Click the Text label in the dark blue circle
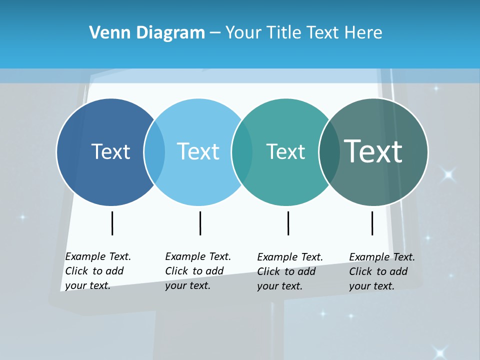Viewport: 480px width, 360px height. [110, 151]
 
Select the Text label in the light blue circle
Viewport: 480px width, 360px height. [198, 151]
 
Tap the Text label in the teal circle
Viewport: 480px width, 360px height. [285, 151]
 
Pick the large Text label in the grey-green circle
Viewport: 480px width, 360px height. [373, 151]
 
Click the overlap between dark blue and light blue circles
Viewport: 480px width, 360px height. [154, 152]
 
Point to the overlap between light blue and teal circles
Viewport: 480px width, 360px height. [242, 152]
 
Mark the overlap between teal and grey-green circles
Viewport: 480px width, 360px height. [329, 152]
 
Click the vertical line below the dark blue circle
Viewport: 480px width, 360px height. [112, 223]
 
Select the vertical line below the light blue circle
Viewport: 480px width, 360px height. [200, 223]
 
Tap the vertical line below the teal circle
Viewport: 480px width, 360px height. [288, 223]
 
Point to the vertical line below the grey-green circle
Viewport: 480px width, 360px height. [372, 223]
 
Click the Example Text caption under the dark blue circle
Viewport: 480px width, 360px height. [97, 271]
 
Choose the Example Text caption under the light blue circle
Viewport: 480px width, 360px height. [197, 271]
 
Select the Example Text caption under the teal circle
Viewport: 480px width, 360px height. [289, 271]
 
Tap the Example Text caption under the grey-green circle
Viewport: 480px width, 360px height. [381, 271]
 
